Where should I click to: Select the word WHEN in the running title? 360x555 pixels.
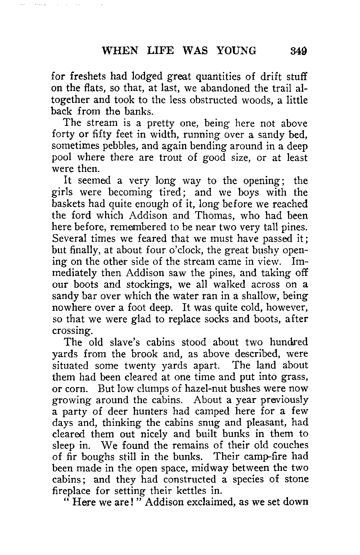click(x=120, y=51)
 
